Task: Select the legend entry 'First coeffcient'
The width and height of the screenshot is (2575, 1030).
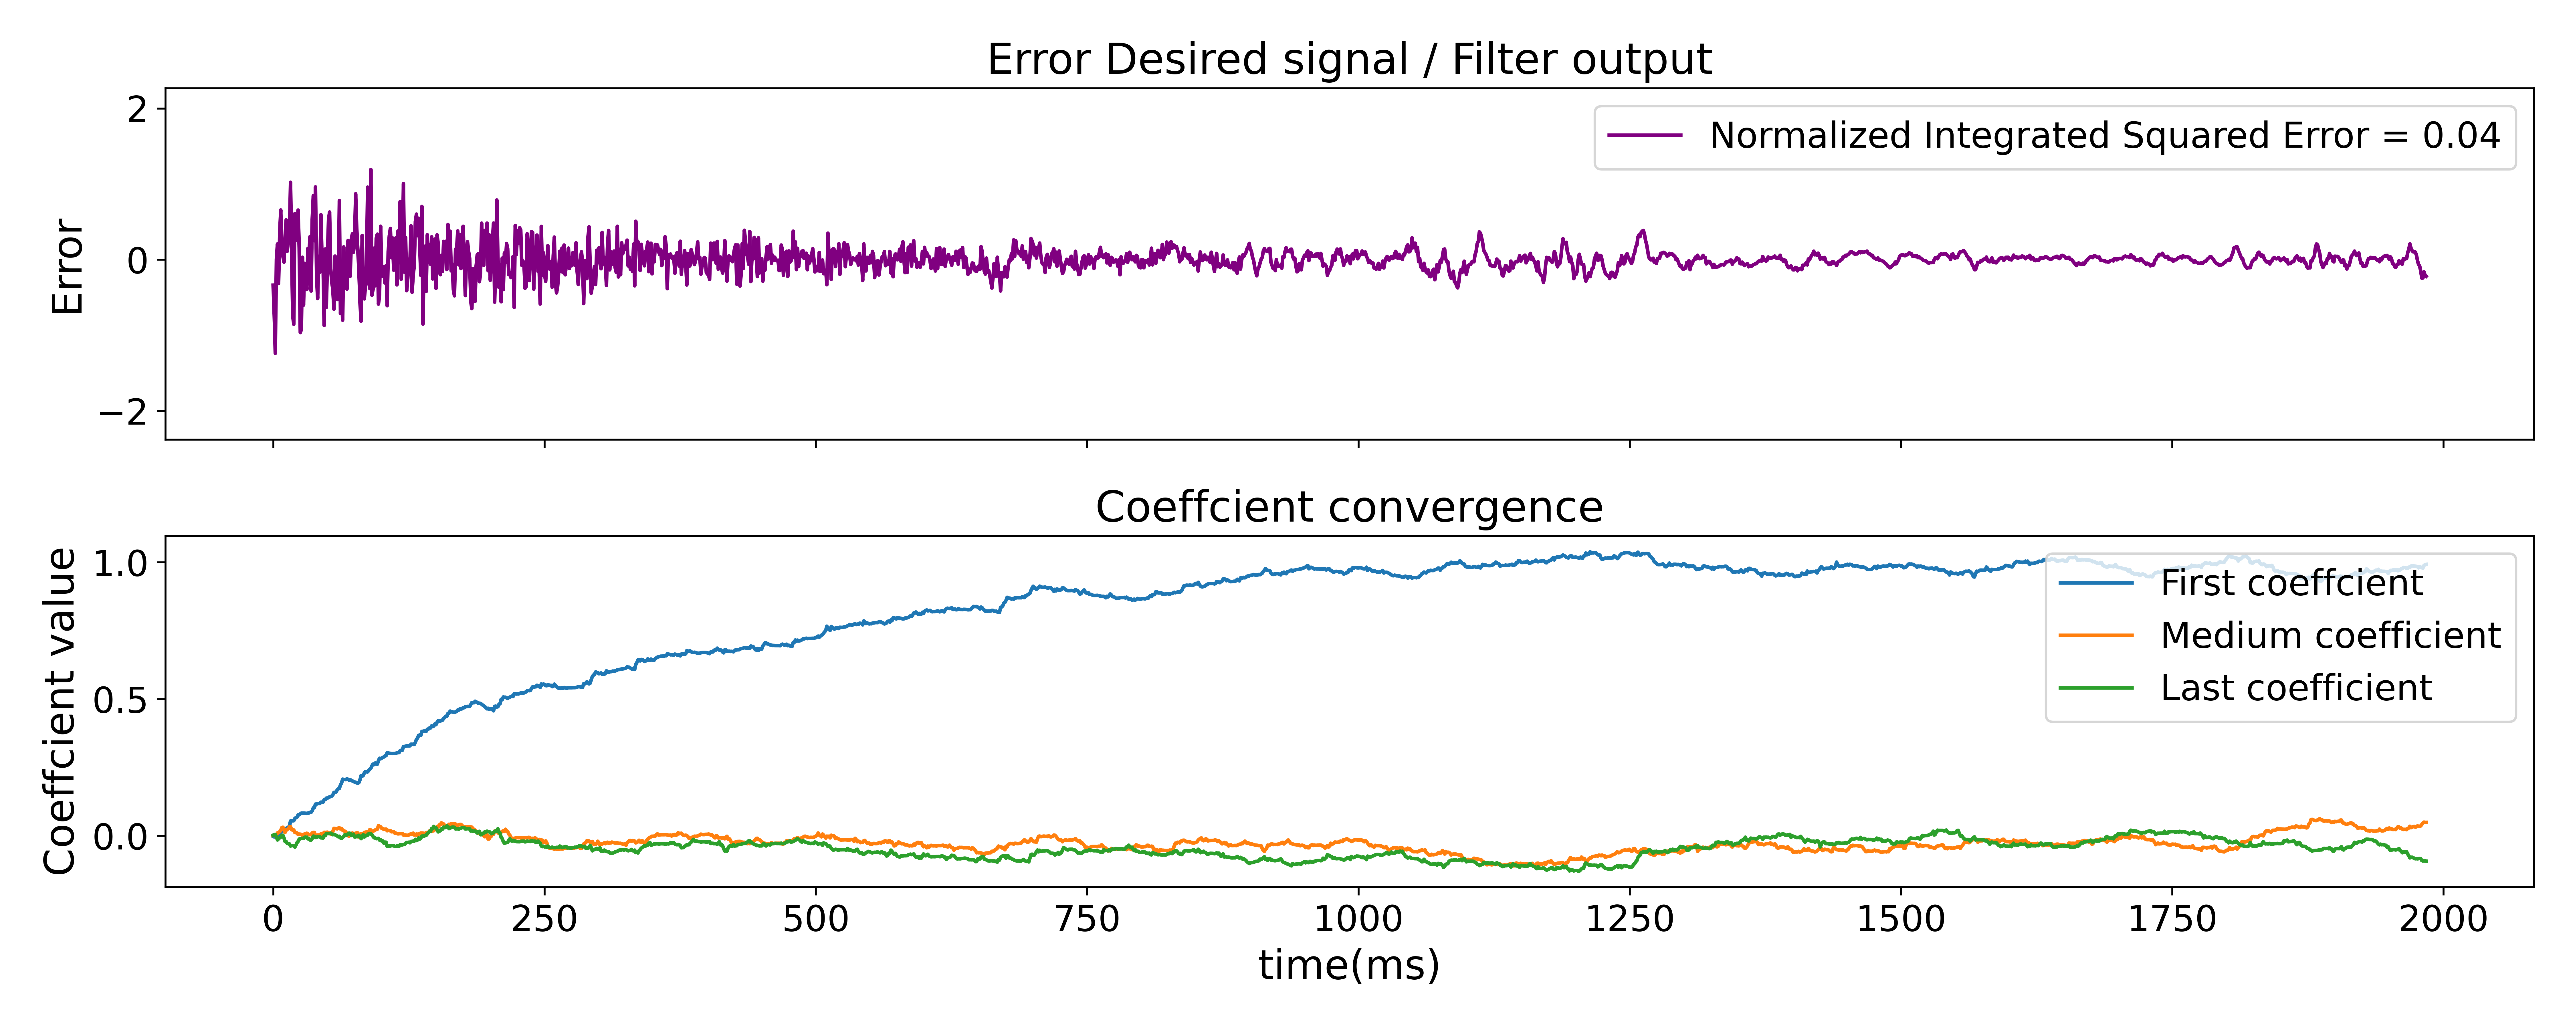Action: click(2291, 583)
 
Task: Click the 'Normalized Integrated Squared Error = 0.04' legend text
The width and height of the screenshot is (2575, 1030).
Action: click(2104, 136)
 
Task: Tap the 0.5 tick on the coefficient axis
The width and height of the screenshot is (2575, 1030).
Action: click(120, 700)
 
